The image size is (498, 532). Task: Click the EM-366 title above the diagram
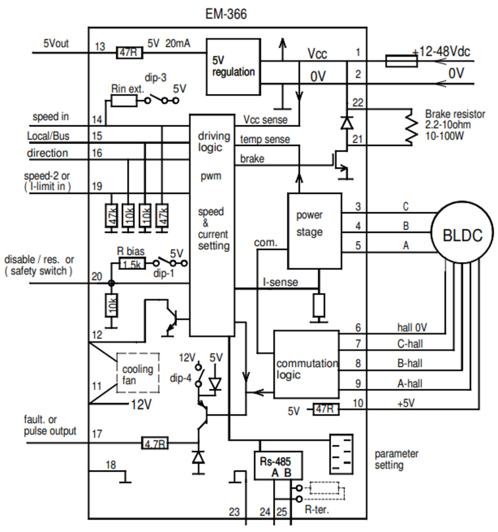pos(226,14)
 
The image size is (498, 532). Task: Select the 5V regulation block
pos(233,67)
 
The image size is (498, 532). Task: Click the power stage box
pos(315,231)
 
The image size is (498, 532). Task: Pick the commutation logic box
pos(306,365)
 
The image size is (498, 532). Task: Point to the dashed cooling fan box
pos(138,373)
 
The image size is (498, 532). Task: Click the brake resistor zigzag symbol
pos(410,127)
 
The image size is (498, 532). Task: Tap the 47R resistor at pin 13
pos(129,53)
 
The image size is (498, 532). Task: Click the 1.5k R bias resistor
pos(132,264)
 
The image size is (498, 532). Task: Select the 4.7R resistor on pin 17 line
pos(154,443)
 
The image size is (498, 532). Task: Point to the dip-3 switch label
pos(155,78)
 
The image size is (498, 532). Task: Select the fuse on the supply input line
pos(401,61)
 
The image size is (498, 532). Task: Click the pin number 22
pos(358,103)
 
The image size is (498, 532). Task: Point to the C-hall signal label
pos(410,344)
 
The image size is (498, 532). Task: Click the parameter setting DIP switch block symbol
pos(341,454)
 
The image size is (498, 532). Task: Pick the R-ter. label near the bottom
pos(317,510)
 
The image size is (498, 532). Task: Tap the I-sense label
pos(280,282)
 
